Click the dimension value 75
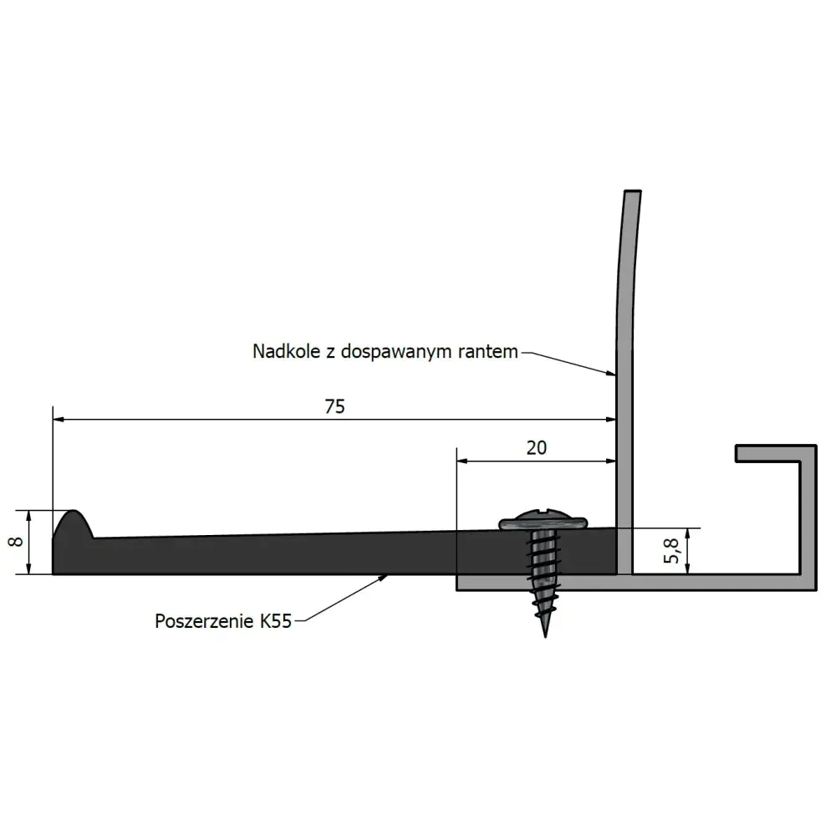[x=335, y=406]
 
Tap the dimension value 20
[x=537, y=448]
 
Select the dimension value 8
[x=16, y=542]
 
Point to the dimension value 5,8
[x=671, y=551]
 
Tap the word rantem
[x=488, y=352]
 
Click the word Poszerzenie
[x=204, y=622]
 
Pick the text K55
[x=276, y=622]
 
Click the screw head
[x=543, y=521]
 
